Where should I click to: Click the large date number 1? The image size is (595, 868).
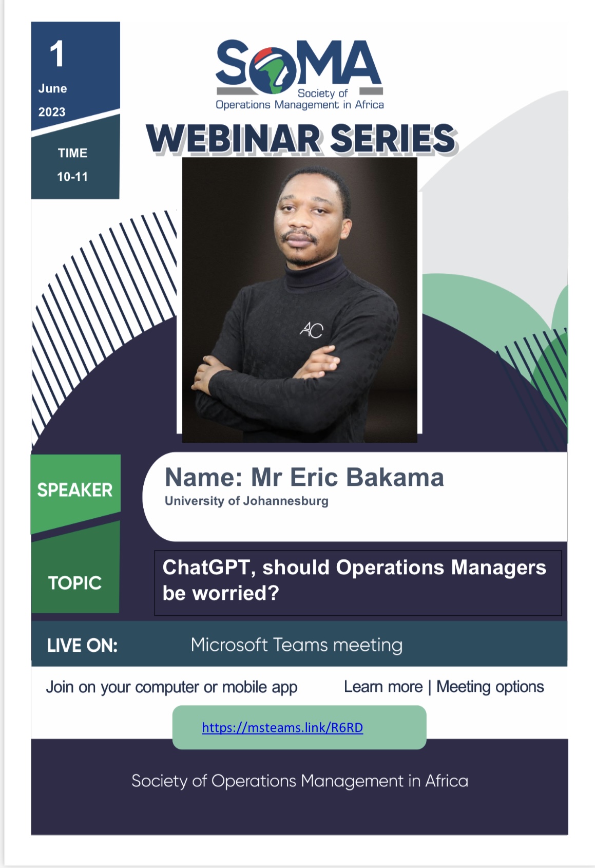pos(57,54)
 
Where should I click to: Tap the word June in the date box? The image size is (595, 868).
pos(53,88)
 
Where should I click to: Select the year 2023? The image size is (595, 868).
pos(52,112)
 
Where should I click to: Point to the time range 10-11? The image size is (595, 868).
pos(72,177)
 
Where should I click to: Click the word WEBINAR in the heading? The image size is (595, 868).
pos(233,138)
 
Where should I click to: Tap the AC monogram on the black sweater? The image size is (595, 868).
pos(312,330)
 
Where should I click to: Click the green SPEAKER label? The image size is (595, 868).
pos(75,490)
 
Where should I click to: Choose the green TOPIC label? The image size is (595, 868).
pos(75,583)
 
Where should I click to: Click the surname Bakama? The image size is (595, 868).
pos(395,477)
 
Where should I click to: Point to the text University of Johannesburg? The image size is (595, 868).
pos(246,501)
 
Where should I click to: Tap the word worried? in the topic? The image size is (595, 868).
pos(236,593)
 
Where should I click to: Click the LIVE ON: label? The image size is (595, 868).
pos(82,646)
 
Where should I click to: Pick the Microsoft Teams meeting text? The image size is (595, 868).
pos(297,645)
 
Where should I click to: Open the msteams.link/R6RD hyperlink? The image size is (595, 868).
pos(282,727)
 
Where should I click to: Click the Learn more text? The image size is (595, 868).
pos(383,687)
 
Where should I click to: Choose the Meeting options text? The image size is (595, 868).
pos(490,687)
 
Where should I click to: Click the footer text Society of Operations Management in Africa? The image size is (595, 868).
pos(300,781)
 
